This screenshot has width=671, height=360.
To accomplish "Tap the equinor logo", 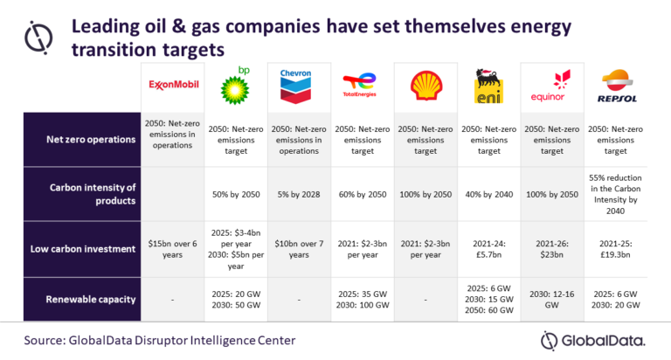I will point(549,86).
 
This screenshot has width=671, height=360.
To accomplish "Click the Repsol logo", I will point(612,87).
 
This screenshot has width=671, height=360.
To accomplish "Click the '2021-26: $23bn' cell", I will point(549,249).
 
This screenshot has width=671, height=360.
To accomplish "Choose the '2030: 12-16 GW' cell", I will point(549,299).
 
